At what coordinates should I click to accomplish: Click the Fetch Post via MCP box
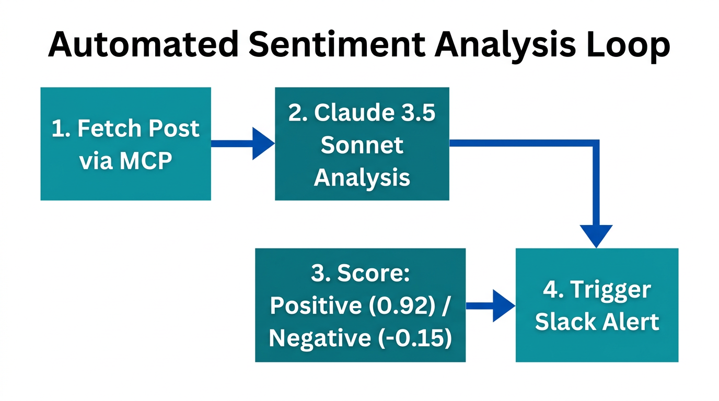click(x=125, y=144)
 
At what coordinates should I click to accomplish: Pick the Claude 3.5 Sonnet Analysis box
click(x=362, y=144)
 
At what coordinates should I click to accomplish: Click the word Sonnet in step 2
click(x=362, y=145)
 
